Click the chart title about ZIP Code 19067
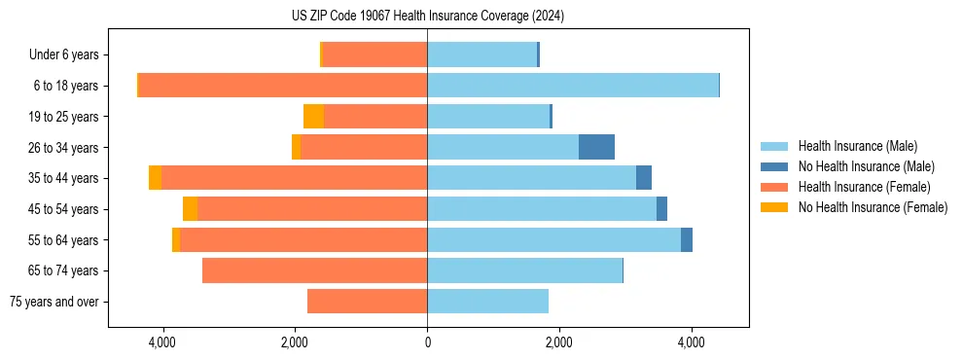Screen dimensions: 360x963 click(427, 17)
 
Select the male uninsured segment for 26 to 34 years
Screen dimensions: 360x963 click(596, 147)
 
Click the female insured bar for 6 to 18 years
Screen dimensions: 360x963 click(283, 86)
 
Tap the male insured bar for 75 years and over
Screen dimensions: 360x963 click(487, 302)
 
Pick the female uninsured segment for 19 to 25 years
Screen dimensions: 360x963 click(313, 117)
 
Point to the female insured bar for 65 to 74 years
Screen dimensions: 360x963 click(314, 270)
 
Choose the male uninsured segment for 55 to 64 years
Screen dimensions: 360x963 click(687, 239)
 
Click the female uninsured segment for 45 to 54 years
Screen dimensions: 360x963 click(190, 209)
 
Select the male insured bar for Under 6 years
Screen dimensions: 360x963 click(481, 54)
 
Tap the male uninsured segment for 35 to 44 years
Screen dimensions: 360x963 click(644, 178)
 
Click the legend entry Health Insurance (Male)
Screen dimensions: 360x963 click(857, 146)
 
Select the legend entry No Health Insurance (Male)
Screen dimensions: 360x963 click(866, 166)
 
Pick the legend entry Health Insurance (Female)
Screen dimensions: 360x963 click(864, 187)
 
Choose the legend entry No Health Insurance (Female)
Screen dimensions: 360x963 click(873, 207)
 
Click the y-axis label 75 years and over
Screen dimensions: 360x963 click(53, 302)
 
